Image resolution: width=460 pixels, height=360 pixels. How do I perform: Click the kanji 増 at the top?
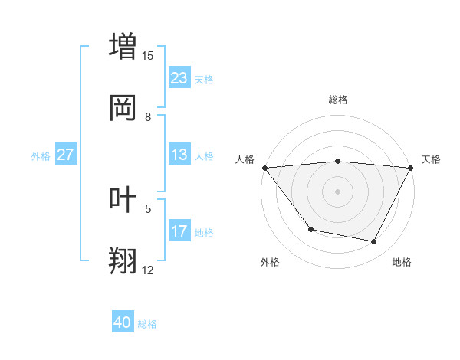(123, 45)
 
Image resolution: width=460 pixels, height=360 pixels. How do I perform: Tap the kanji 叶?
(123, 198)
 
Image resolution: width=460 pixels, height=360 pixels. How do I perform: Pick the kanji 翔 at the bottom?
(123, 260)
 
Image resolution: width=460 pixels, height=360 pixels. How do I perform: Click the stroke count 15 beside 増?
(148, 55)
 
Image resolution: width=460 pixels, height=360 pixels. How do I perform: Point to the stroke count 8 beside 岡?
(148, 116)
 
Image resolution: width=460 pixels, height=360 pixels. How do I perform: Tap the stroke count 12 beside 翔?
(148, 270)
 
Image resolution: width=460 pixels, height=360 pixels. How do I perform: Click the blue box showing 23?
(179, 78)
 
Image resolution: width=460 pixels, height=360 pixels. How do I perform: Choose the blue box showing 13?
(179, 155)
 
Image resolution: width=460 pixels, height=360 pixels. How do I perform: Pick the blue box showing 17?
(179, 231)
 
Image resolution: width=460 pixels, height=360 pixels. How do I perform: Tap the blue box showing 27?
(65, 155)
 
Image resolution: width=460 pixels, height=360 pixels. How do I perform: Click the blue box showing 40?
(123, 322)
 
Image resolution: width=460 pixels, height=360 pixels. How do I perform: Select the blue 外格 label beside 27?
(41, 155)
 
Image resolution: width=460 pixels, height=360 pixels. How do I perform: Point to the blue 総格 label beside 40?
(147, 324)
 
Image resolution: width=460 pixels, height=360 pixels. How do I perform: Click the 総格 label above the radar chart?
(337, 100)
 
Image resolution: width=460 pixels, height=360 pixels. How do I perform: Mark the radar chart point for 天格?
(411, 168)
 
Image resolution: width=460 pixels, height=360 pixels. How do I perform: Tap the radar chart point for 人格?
(264, 168)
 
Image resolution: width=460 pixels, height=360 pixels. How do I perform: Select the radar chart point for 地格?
(374, 242)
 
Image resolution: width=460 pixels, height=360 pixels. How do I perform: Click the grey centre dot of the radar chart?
(337, 191)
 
